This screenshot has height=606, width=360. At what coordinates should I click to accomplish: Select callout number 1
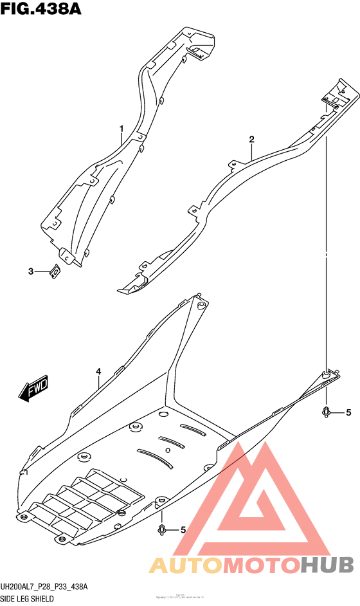[x=121, y=129]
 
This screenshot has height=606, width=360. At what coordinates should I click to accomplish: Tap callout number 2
[x=251, y=140]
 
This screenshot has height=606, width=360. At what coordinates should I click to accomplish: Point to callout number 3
[x=30, y=271]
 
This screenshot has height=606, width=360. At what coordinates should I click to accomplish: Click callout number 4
[x=99, y=372]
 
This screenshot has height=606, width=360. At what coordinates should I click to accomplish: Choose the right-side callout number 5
[x=348, y=412]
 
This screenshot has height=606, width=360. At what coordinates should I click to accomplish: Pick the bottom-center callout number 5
[x=183, y=530]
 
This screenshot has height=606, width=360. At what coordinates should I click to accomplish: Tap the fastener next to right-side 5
[x=327, y=412]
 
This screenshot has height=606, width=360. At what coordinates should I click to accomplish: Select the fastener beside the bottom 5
[x=162, y=529]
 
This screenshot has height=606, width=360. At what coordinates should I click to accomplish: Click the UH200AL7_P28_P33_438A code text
[x=44, y=587]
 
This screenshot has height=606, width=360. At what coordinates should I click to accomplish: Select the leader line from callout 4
[x=99, y=383]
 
